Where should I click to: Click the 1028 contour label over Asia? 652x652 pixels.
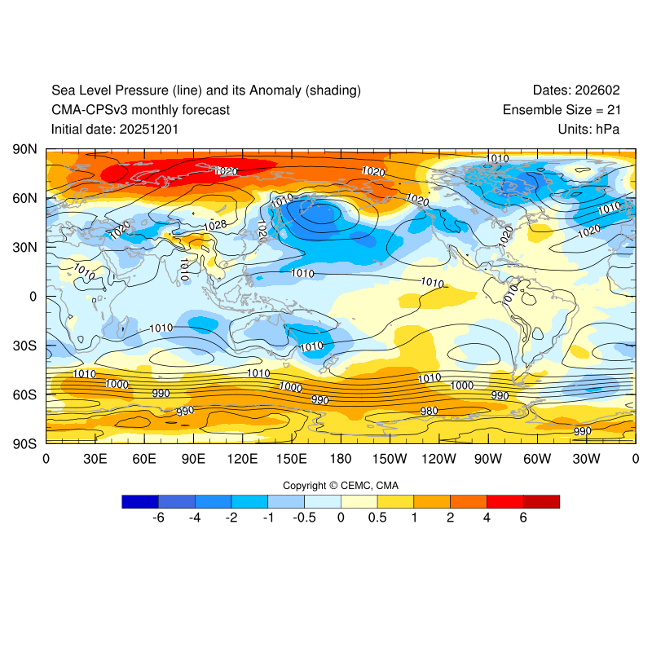click(x=215, y=225)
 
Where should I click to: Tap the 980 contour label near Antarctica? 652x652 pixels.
click(x=429, y=411)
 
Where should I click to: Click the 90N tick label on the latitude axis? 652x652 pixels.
click(x=25, y=149)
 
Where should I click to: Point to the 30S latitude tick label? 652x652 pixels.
click(x=25, y=346)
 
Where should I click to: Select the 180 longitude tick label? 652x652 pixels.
click(x=341, y=459)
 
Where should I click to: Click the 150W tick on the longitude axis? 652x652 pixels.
click(x=390, y=459)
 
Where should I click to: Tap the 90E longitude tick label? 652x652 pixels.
click(x=193, y=459)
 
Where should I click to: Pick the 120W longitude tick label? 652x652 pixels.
click(x=438, y=459)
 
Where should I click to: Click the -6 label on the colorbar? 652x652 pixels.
click(x=159, y=518)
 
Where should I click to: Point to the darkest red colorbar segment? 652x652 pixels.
click(x=541, y=501)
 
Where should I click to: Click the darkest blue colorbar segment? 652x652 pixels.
click(x=140, y=501)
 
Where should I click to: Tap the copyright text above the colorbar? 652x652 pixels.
click(x=341, y=485)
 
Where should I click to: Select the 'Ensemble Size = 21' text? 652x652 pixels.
click(x=568, y=109)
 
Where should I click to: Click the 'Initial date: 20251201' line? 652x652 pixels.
click(x=115, y=129)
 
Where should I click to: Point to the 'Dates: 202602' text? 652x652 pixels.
click(x=583, y=90)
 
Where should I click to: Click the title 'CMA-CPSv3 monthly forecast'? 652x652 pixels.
click(x=140, y=109)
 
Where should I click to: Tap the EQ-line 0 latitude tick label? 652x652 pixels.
click(x=33, y=297)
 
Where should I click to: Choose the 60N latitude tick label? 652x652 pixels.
click(x=25, y=198)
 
